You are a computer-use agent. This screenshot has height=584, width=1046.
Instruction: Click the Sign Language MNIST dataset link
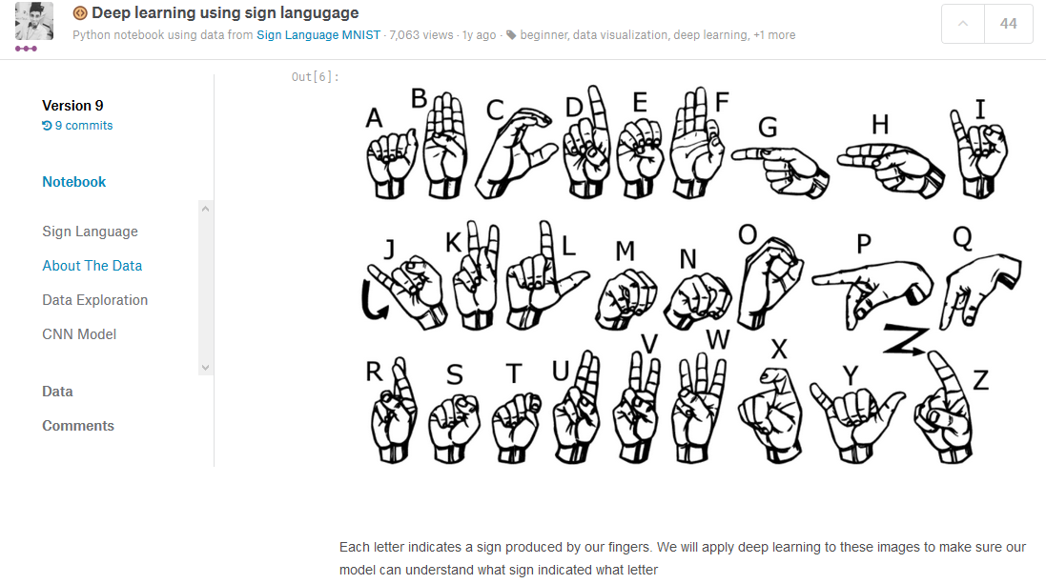(x=318, y=34)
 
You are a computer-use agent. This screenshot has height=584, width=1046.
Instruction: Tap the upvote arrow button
(x=963, y=24)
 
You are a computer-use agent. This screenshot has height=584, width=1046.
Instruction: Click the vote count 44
(x=1009, y=24)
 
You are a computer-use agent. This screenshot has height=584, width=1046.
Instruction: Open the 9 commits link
(x=77, y=126)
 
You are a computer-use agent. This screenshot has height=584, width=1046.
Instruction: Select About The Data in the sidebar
(x=92, y=266)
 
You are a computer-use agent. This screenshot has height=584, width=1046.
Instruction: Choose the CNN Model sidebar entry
(x=79, y=334)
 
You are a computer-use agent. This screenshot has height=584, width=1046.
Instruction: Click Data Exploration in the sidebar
(x=94, y=300)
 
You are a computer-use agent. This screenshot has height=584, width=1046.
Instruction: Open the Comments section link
(x=78, y=425)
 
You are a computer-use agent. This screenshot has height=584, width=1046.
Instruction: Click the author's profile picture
(x=34, y=21)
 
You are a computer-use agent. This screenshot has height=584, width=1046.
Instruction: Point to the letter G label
(x=768, y=127)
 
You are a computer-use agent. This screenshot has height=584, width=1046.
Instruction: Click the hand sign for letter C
(x=515, y=154)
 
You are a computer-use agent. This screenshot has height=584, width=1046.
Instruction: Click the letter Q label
(x=962, y=238)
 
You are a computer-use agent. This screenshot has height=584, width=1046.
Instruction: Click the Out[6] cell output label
(x=315, y=76)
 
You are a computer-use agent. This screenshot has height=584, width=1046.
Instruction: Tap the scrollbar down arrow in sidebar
(x=205, y=368)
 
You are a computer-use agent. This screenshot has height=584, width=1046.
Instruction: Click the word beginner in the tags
(x=544, y=34)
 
